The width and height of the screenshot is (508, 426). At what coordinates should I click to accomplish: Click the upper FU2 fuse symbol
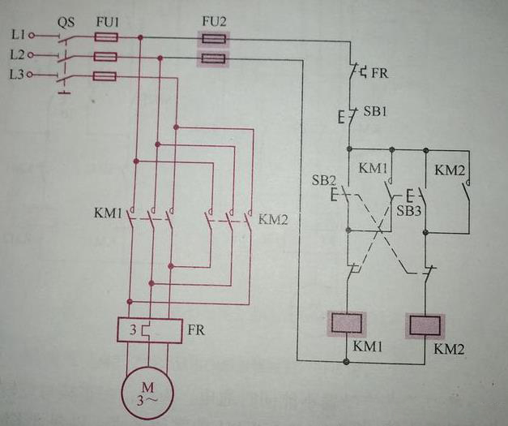pos(213,37)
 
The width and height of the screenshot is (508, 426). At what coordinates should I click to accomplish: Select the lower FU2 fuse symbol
pos(213,58)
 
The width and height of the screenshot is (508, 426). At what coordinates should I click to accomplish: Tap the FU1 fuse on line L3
pos(106,75)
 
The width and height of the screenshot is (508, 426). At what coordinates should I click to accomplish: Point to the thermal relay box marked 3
pos(146,330)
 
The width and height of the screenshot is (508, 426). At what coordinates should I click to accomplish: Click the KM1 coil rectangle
pos(348,324)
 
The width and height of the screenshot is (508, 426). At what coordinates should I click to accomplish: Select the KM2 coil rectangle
pos(425,325)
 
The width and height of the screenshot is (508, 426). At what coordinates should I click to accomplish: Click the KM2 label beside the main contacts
pos(272,220)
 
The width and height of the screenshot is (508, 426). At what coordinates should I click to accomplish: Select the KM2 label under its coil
pos(448,351)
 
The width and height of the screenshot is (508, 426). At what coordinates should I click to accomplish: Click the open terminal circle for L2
pos(30,56)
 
